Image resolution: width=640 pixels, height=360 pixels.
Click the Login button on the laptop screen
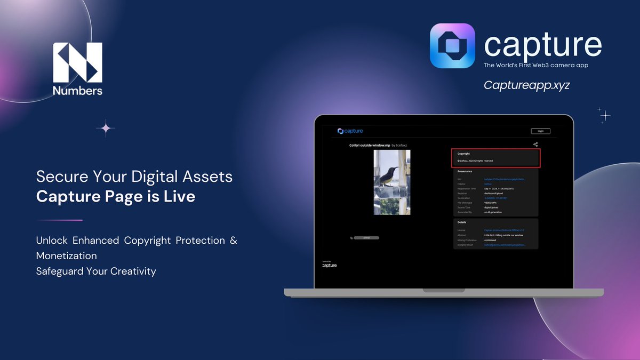(540, 131)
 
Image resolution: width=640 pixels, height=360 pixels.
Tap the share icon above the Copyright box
(535, 144)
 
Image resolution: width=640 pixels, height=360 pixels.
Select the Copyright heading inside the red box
(463, 154)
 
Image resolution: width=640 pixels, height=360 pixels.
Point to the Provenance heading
(465, 171)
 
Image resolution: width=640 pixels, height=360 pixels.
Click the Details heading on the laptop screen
(462, 222)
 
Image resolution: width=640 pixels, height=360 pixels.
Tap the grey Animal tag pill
(366, 237)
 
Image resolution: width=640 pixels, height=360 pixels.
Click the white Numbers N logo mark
(77, 62)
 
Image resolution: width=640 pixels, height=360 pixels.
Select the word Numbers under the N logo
(77, 91)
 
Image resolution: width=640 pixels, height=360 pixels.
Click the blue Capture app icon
(452, 45)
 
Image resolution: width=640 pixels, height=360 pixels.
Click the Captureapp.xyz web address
(526, 85)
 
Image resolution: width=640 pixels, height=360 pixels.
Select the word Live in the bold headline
(180, 196)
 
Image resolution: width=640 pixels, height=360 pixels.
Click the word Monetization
(67, 256)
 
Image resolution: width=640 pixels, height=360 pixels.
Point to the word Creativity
(133, 271)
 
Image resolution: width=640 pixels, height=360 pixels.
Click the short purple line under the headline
(59, 220)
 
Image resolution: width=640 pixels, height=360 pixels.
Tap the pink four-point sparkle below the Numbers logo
(106, 128)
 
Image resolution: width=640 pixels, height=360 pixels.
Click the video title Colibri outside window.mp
(370, 145)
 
